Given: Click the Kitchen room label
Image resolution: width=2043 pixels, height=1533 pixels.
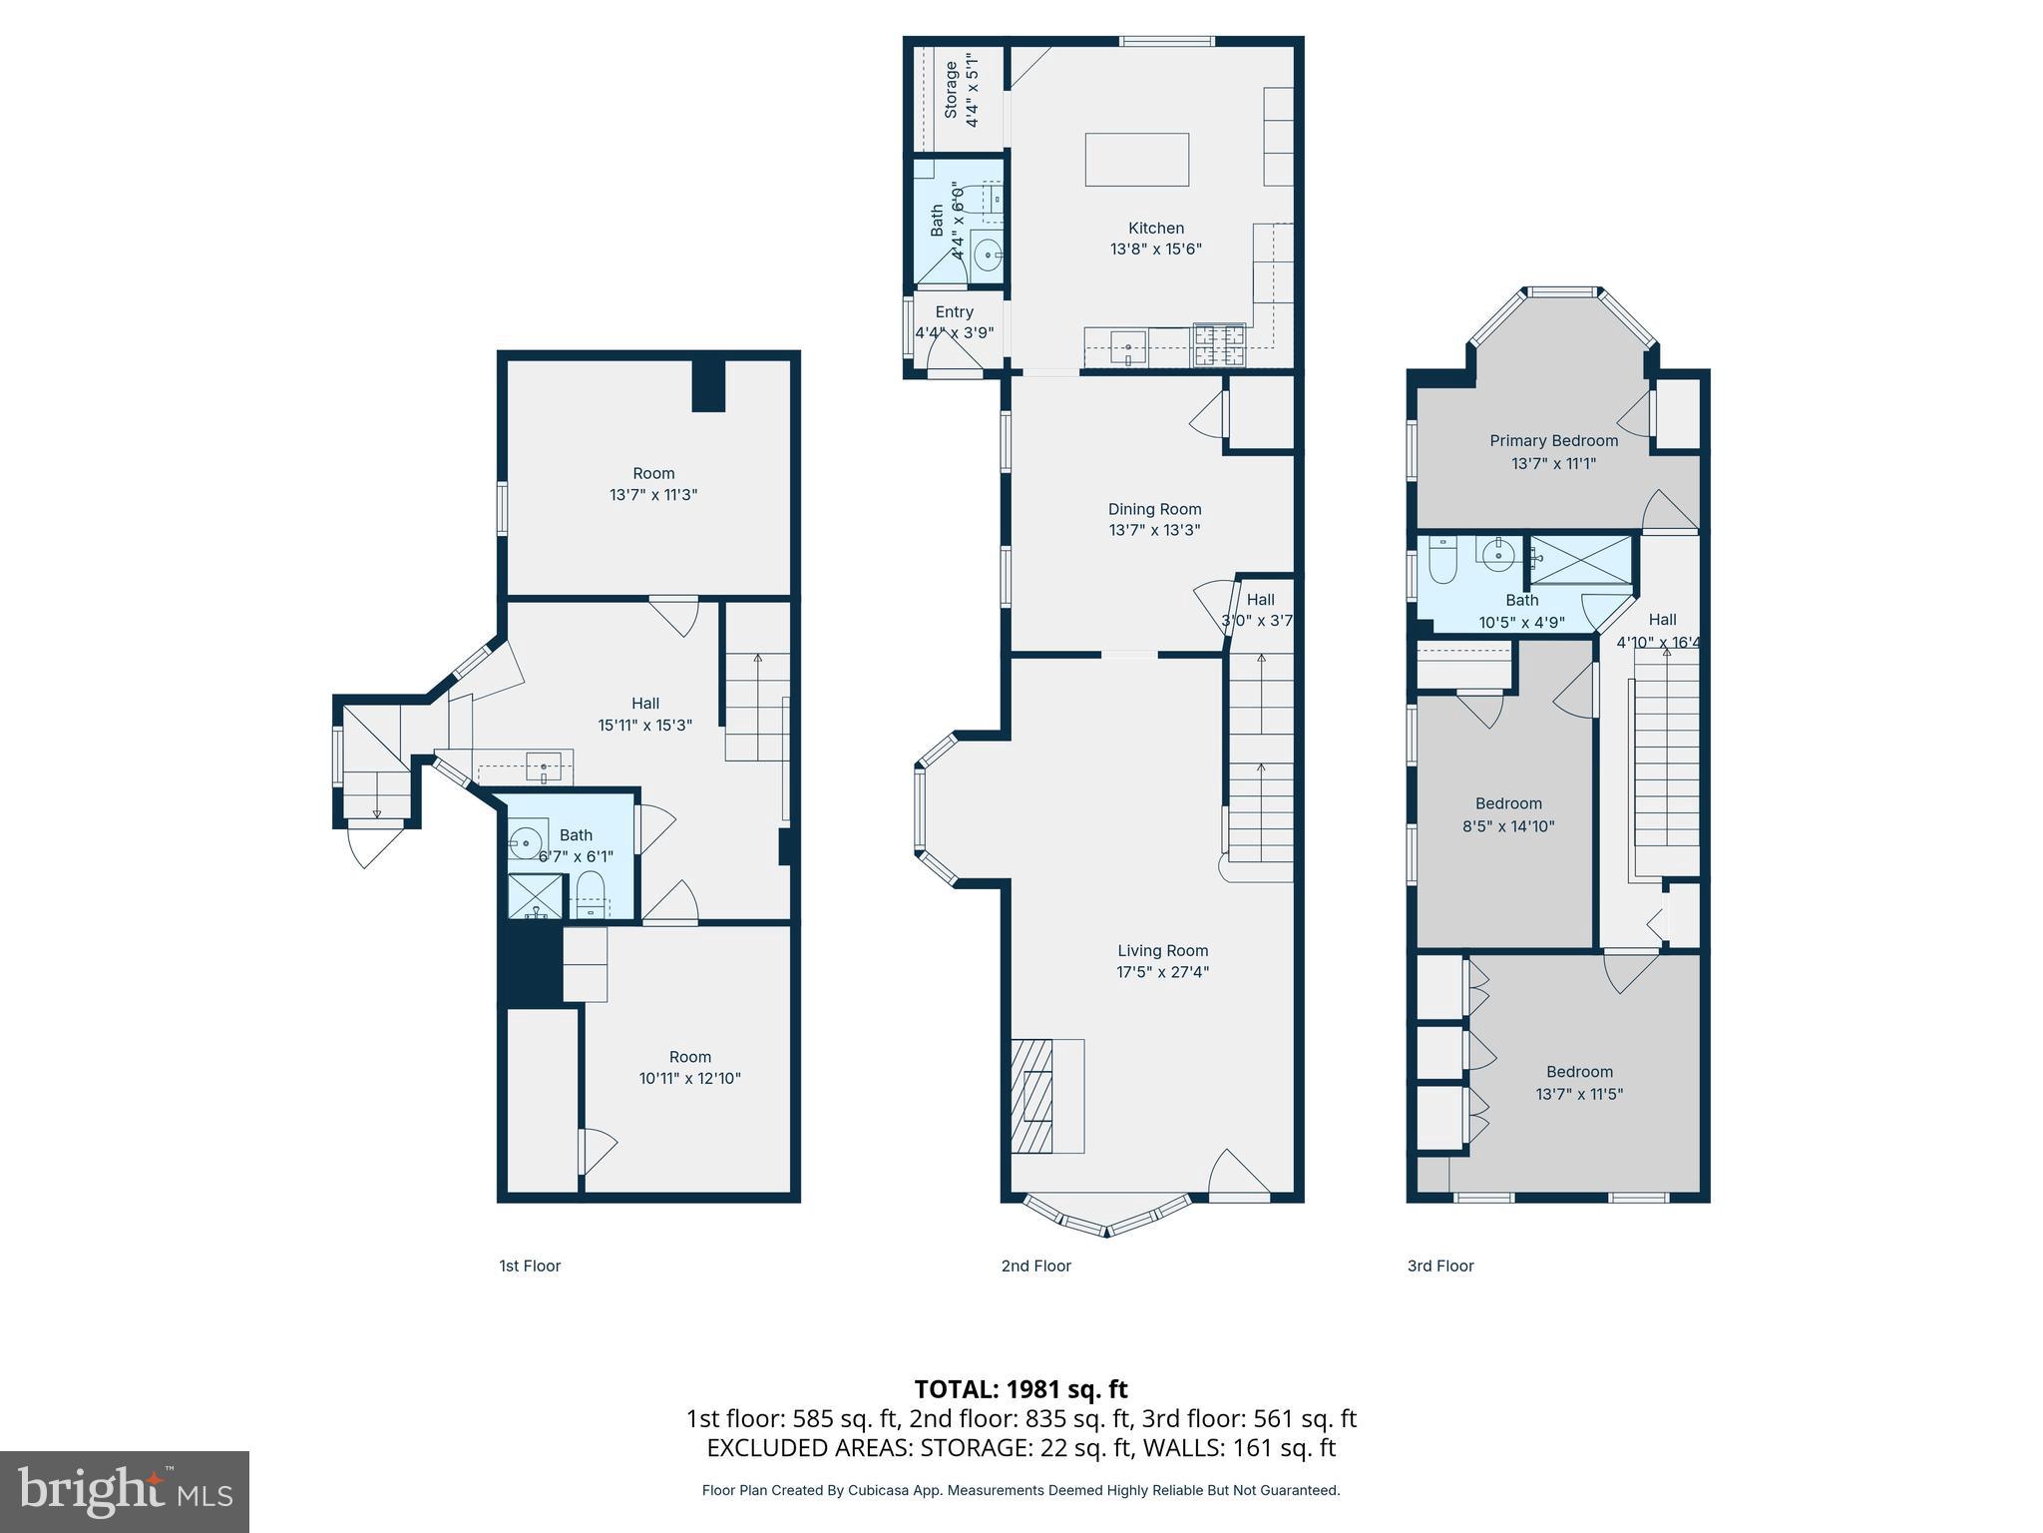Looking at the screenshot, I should coord(1155,229).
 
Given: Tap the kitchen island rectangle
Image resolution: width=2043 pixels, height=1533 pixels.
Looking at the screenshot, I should coord(1136,160).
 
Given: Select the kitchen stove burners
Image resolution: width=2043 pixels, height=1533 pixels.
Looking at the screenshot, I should coord(1220,344).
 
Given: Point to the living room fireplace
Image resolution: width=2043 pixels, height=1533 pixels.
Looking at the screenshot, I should coord(1034,1096).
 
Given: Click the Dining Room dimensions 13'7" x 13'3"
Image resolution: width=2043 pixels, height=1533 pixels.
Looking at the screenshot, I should coord(1154,530).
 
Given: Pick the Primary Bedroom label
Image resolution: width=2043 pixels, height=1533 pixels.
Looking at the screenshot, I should coord(1553,441).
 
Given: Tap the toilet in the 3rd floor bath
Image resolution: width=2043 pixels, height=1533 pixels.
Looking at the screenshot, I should coord(1442,561).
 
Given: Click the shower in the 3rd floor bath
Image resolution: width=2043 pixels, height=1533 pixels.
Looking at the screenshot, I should coord(1581,560).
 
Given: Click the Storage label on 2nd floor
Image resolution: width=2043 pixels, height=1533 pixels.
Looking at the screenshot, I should coord(951,90).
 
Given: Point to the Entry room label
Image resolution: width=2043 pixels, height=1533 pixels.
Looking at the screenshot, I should coord(954,312).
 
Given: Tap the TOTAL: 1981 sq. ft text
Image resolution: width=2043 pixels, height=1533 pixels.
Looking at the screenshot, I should coord(1021,1389).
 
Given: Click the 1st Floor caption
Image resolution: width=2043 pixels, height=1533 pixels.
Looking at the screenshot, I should coord(530,1266).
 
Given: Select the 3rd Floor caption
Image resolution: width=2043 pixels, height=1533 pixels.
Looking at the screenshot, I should coord(1439,1266).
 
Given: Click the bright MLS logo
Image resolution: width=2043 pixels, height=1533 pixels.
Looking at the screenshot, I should coord(125,1491).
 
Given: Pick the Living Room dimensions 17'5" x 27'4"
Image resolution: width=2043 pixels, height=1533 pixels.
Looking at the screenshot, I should coord(1162,972).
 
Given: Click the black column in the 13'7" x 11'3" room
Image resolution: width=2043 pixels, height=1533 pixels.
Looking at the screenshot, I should coord(708,384).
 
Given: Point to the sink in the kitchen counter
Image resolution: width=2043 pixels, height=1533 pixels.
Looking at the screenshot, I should coord(1129,349).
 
